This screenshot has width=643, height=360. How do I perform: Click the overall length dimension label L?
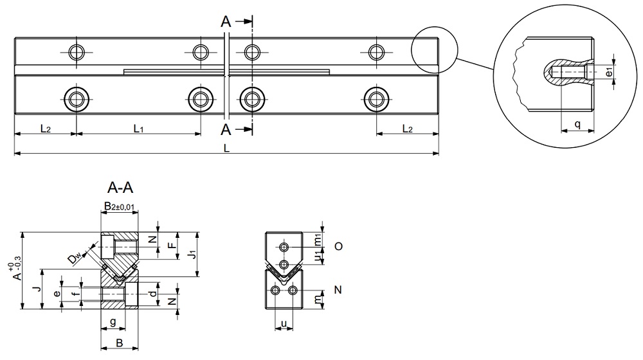pos(226,148)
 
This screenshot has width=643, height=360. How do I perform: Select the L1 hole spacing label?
pos(138,129)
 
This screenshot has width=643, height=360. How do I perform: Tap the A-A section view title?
pos(120,188)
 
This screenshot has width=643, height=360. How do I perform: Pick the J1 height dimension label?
pos(191,255)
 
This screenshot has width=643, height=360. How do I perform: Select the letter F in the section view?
pos(171,246)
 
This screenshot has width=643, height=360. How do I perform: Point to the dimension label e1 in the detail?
pos(609,72)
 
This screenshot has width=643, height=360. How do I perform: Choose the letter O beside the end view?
pos(338,246)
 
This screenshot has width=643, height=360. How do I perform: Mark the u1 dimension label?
pos(318,256)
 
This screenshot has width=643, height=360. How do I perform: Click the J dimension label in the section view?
pos(39,290)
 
